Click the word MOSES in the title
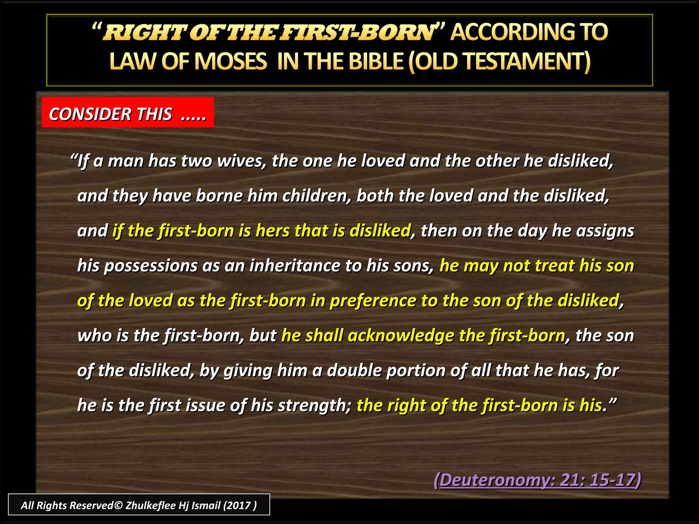[x=231, y=62]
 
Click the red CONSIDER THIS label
[x=127, y=114]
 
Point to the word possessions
[x=151, y=266]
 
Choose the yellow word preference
[x=373, y=301]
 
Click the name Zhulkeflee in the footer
[x=150, y=505]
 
